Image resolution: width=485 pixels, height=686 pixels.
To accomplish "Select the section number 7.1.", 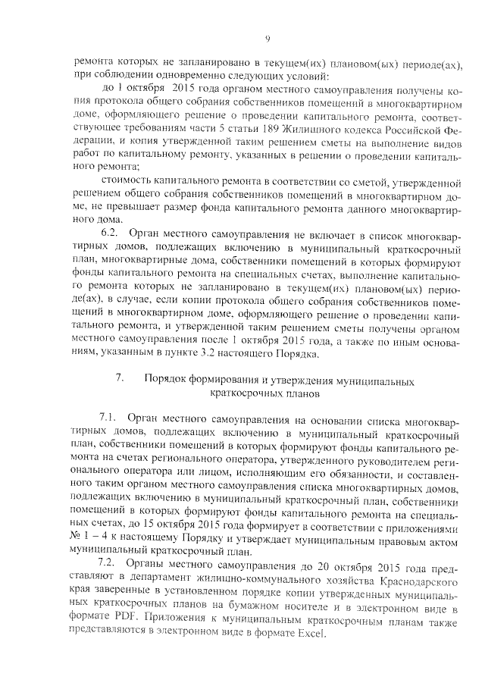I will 110,418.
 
